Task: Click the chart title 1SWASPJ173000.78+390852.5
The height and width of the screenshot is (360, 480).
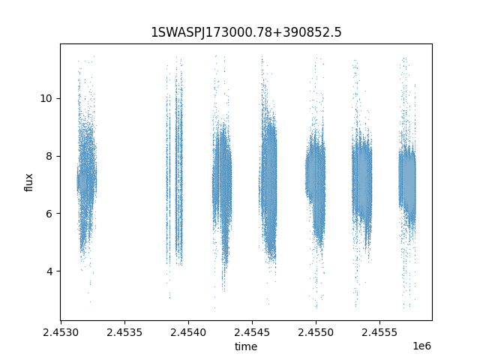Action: click(246, 32)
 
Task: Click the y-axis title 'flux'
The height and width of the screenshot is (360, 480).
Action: click(28, 182)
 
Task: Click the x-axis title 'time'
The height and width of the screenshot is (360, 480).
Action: click(246, 346)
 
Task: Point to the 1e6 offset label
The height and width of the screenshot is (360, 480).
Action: click(421, 346)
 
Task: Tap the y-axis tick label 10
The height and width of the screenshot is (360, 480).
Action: click(46, 98)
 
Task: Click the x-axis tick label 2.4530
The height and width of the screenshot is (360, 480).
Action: click(61, 332)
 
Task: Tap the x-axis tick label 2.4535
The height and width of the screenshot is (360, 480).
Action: click(124, 332)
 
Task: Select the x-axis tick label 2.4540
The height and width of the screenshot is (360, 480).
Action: click(188, 332)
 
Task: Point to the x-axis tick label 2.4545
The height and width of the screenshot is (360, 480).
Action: click(252, 332)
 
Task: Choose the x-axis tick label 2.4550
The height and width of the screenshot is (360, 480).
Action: click(316, 332)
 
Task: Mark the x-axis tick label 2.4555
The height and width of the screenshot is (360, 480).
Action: click(379, 332)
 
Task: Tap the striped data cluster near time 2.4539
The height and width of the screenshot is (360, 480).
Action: click(175, 172)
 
